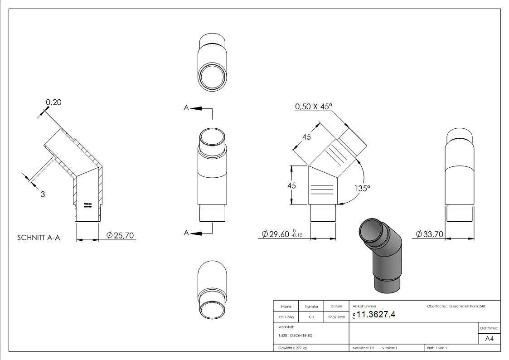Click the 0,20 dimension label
tap(53, 102)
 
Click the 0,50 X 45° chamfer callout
tap(314, 107)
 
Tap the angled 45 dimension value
tap(306, 137)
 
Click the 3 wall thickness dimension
tap(43, 195)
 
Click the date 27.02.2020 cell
tap(336, 317)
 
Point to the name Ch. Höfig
tap(286, 317)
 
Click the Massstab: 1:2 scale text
tap(363, 348)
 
